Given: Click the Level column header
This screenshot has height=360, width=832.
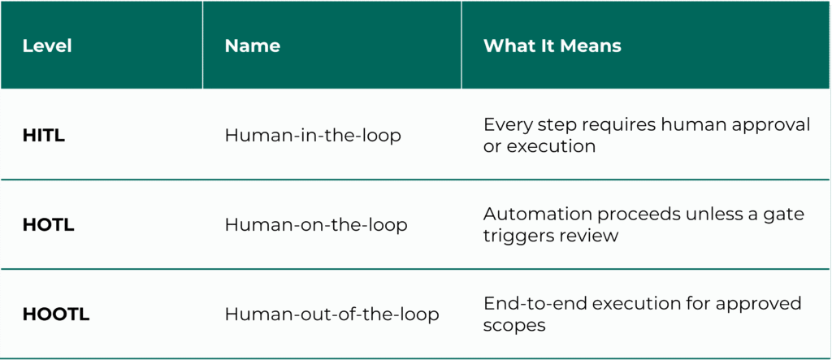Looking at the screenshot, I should (47, 46).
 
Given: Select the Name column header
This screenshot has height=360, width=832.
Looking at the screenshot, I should (253, 46).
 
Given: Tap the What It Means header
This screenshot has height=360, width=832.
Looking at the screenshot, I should (552, 46).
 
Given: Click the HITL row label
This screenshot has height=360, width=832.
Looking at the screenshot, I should (44, 136).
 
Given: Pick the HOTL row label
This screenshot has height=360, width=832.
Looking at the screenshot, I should (49, 225).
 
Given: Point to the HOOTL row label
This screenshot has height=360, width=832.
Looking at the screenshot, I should (56, 314).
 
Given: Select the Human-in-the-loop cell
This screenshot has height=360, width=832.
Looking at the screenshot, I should (313, 136).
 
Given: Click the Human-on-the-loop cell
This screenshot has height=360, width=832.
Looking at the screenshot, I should (316, 225).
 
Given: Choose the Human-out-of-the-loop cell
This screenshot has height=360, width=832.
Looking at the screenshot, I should (331, 314).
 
